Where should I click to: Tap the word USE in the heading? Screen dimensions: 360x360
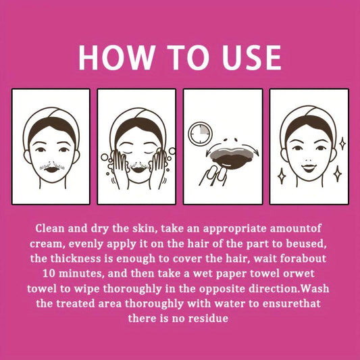click(x=251, y=57)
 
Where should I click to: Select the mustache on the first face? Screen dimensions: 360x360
click(x=52, y=165)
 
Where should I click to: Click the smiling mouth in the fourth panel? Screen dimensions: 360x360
click(x=309, y=168)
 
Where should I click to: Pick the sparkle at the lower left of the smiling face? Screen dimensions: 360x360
click(x=282, y=176)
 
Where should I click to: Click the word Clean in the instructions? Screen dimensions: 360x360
click(x=50, y=228)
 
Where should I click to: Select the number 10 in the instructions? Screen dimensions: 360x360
click(x=49, y=274)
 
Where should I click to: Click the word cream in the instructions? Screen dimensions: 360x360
click(x=46, y=244)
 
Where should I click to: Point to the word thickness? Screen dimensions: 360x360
click(x=76, y=259)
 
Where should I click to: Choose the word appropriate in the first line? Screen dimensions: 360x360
click(x=234, y=229)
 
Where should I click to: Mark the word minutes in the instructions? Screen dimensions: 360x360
click(x=80, y=274)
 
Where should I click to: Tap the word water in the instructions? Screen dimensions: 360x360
click(x=230, y=304)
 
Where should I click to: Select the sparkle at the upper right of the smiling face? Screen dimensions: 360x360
click(x=342, y=144)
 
